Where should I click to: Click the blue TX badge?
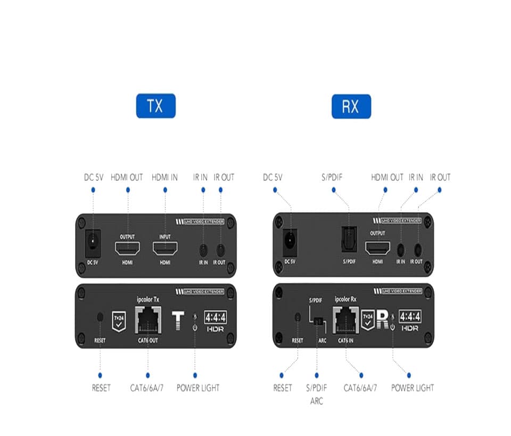point(155,106)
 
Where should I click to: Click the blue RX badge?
point(351,106)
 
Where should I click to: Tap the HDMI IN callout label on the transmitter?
point(164,177)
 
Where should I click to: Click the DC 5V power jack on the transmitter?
point(93,241)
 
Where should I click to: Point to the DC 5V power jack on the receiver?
point(290,242)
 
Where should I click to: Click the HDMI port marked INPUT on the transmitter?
point(166,248)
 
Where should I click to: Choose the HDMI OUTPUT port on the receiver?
point(377,248)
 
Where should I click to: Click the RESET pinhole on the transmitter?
point(100,317)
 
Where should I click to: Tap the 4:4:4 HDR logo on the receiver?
point(410,321)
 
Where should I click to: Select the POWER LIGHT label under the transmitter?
point(198,388)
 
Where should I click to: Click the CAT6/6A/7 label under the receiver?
point(360,388)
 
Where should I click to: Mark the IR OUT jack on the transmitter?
point(219,249)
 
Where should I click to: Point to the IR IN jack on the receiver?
point(401,248)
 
